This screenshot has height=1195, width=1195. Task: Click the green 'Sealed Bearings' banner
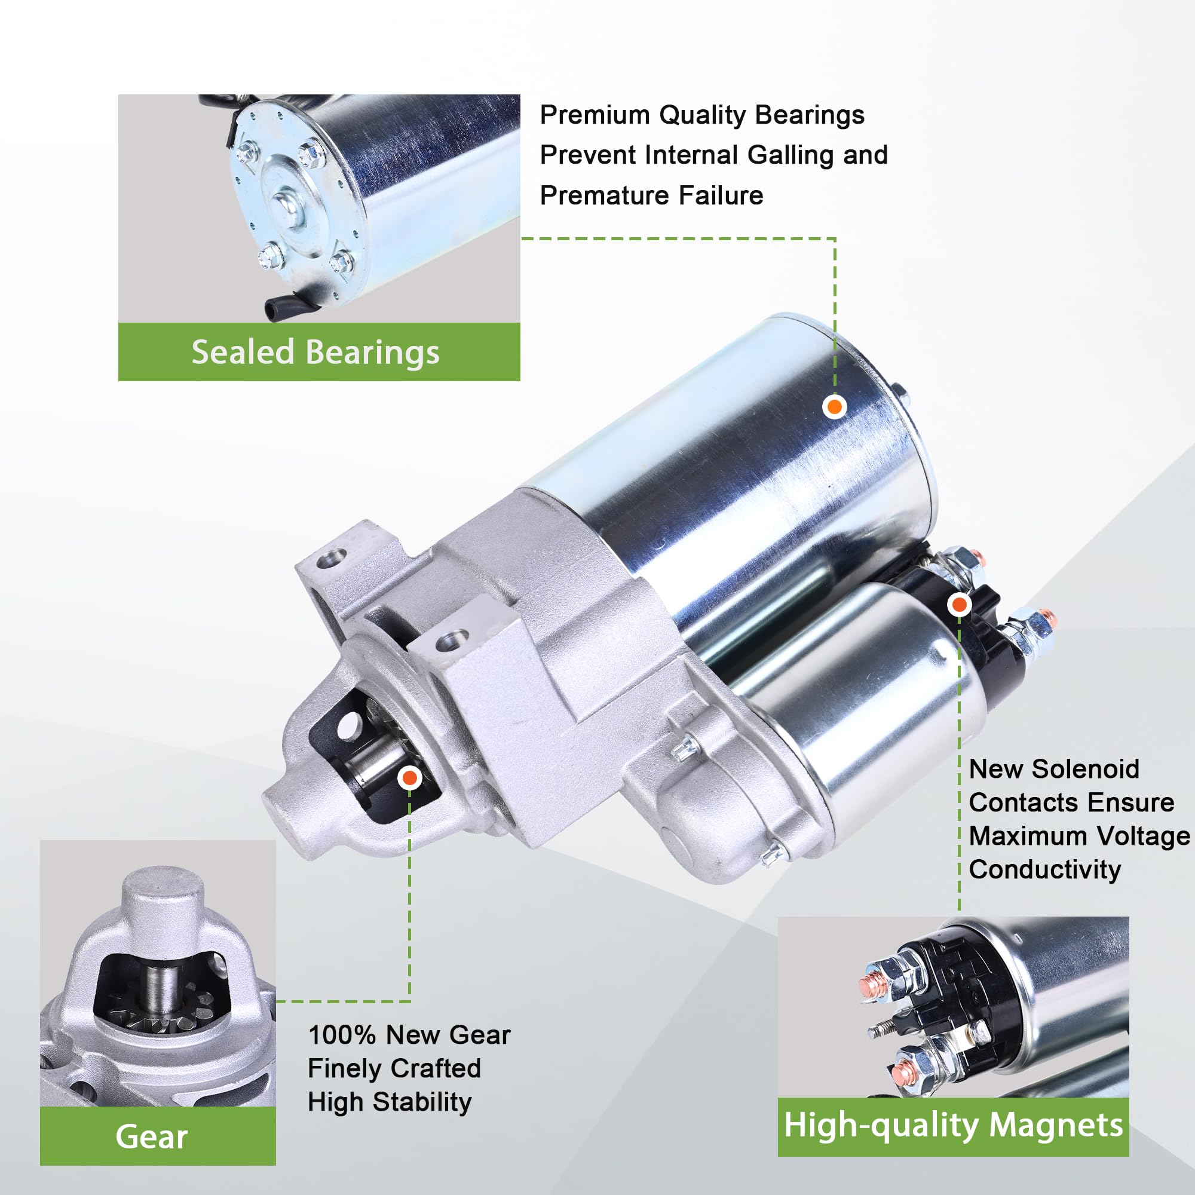(x=318, y=351)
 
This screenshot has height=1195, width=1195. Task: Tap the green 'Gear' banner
(x=158, y=1136)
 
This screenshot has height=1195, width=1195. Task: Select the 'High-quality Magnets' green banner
(x=953, y=1126)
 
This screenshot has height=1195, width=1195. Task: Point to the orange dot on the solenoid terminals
(x=960, y=603)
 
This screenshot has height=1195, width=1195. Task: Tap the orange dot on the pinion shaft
(x=409, y=777)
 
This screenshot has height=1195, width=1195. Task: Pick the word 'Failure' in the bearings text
(x=721, y=195)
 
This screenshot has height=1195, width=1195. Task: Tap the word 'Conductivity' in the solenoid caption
(x=1044, y=869)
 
